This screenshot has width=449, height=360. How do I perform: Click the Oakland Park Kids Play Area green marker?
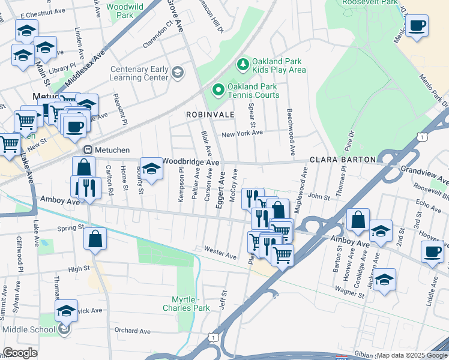pos(243,63)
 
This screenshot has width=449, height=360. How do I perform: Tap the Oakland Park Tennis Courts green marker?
pos(217,91)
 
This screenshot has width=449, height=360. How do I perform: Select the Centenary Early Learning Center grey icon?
pos(177,73)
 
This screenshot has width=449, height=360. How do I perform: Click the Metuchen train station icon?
pos(88,149)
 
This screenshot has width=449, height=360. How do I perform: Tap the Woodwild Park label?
pos(125,10)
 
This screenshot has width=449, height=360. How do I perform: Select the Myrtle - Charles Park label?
pos(186,303)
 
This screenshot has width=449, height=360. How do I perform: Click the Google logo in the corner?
pos(20,353)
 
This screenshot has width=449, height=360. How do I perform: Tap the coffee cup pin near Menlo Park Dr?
pos(417,26)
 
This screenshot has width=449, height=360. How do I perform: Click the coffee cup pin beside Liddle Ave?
pos(432,251)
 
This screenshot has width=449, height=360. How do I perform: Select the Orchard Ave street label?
pos(132,331)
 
